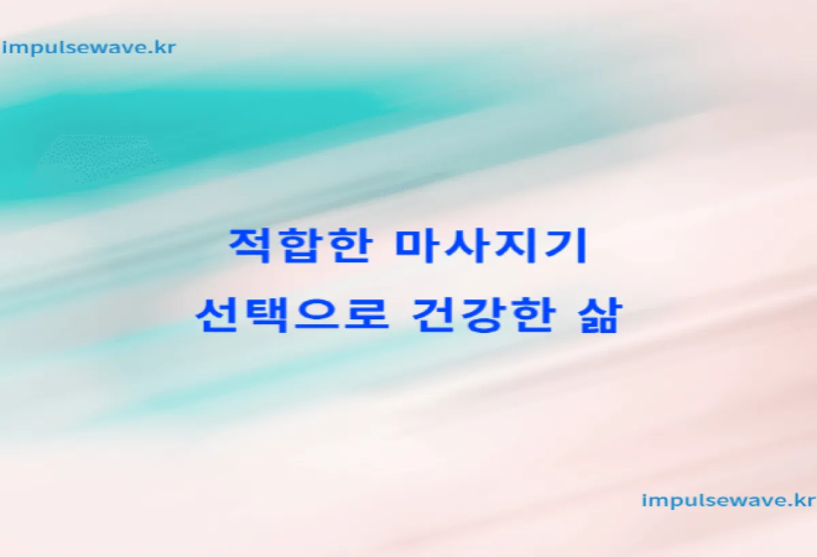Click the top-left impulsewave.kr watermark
coord(89,48)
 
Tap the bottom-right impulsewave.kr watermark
coord(728,500)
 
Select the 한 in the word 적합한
coord(349,245)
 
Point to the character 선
coord(217,315)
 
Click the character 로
coord(366,315)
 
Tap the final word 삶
coord(600,315)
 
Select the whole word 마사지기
coord(492,245)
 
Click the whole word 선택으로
coord(292,315)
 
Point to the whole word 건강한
coord(483,315)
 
